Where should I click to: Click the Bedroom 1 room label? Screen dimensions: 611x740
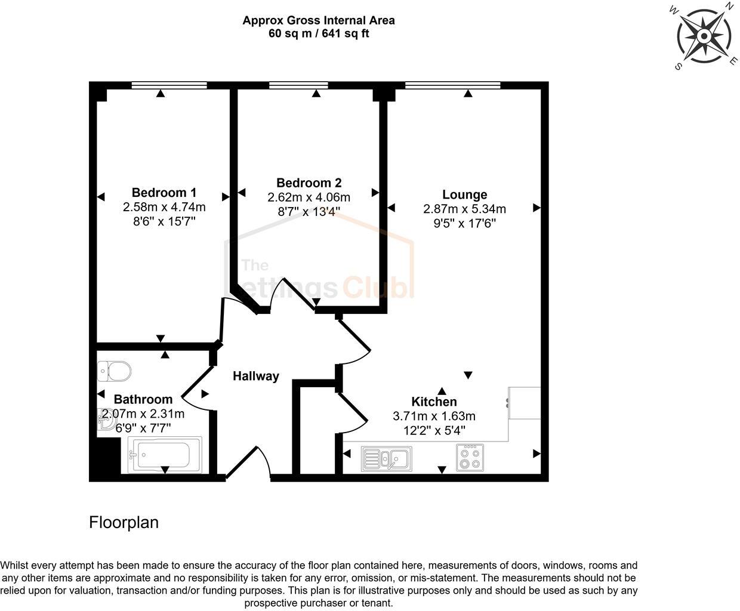coord(164,193)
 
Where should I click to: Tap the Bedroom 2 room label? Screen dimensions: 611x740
coord(309,183)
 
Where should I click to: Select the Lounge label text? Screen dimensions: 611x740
coord(464,195)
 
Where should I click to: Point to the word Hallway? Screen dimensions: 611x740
coord(256,376)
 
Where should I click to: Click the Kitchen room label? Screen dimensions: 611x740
coord(434,402)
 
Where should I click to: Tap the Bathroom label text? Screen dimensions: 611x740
coord(143,399)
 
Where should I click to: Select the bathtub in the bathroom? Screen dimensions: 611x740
coord(165,455)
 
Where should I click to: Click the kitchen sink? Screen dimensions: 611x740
coord(386,459)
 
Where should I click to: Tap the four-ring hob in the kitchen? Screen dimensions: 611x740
coord(469,458)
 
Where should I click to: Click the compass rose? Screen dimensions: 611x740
coord(704,37)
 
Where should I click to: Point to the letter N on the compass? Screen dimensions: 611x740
coord(729,7)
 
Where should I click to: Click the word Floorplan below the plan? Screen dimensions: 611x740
coord(124,523)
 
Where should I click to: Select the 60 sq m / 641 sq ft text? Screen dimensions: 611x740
coord(319,33)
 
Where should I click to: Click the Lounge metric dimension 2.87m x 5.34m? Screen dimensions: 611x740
coord(464,209)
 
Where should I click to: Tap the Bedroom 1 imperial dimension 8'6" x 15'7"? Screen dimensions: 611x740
coord(164,221)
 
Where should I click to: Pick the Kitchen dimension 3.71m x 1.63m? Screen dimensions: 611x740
coord(434,416)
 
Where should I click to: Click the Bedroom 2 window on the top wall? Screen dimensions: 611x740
coord(298,85)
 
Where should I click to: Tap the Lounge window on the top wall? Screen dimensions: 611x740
coord(452,85)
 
